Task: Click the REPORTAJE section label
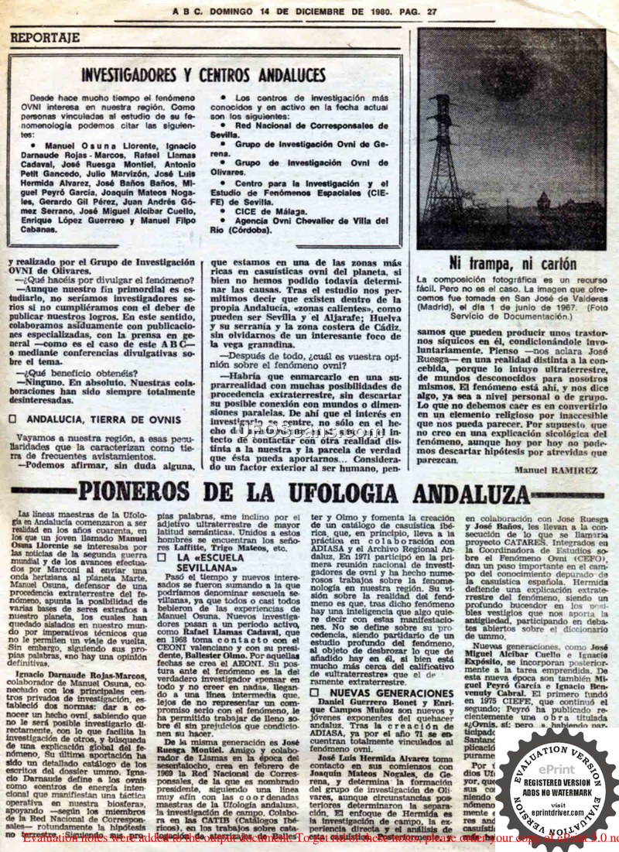tap(45, 37)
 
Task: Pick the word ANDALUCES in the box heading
tap(280, 74)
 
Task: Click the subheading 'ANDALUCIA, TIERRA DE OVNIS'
tap(103, 419)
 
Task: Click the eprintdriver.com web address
tap(563, 815)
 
